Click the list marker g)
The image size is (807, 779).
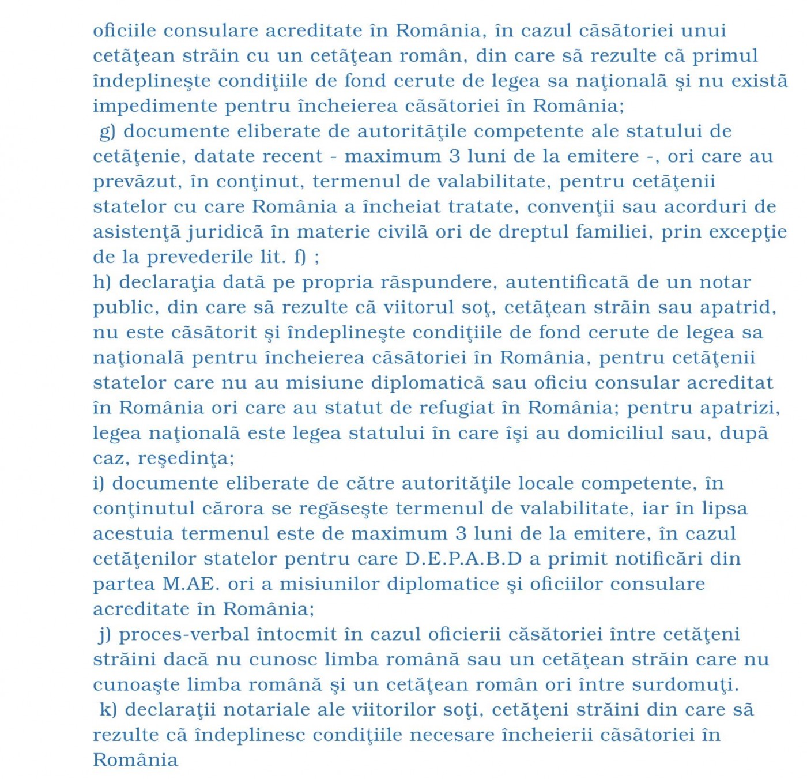click(108, 131)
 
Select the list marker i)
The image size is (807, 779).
click(99, 483)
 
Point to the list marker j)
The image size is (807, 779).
click(105, 634)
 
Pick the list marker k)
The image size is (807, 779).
click(108, 710)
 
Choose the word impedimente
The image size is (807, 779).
click(154, 106)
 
